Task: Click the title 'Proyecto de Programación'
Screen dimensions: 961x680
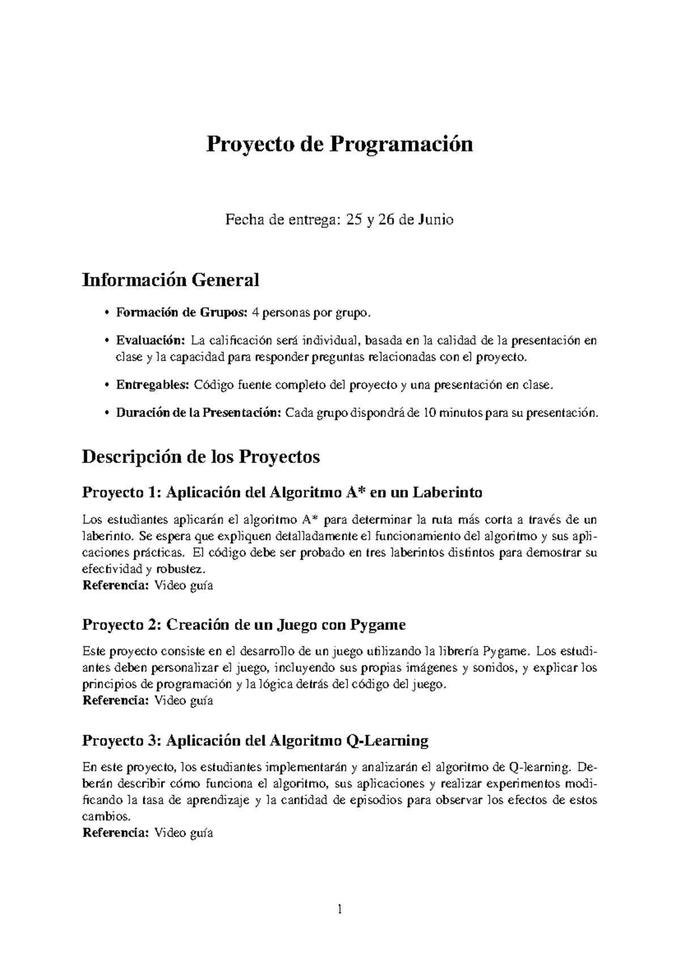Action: [339, 144]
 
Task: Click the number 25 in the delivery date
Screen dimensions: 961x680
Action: [354, 220]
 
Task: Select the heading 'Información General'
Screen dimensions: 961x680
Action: [171, 280]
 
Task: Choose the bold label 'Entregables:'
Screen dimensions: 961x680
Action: [152, 385]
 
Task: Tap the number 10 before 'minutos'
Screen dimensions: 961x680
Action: [430, 413]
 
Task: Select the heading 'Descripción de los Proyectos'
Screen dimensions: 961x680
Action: [201, 457]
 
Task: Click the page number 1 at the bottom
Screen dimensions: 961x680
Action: [340, 911]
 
